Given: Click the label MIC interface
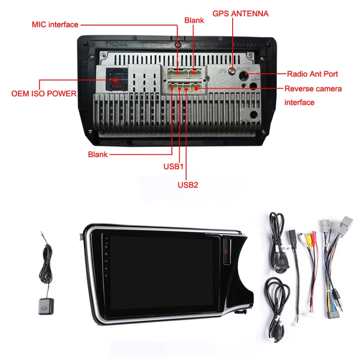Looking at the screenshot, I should tap(55, 25).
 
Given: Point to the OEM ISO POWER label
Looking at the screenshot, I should tap(44, 94).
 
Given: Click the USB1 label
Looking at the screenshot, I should tap(174, 166).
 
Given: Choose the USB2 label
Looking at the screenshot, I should tap(188, 184).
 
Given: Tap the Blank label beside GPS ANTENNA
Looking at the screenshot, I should tap(194, 20).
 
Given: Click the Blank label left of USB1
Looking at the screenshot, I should tap(98, 154).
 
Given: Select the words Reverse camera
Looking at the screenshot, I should tap(313, 89).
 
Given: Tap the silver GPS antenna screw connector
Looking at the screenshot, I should tap(232, 70).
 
